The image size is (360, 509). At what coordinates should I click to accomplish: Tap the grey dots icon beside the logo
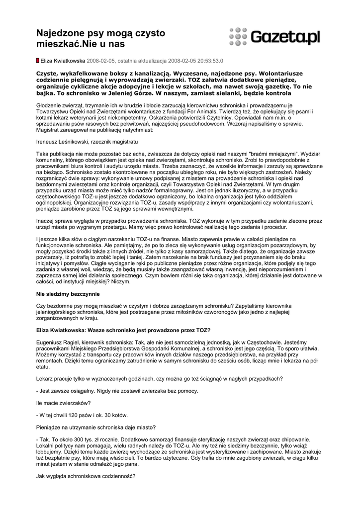tap(238, 37)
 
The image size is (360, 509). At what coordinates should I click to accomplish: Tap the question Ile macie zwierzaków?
tap(64, 403)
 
